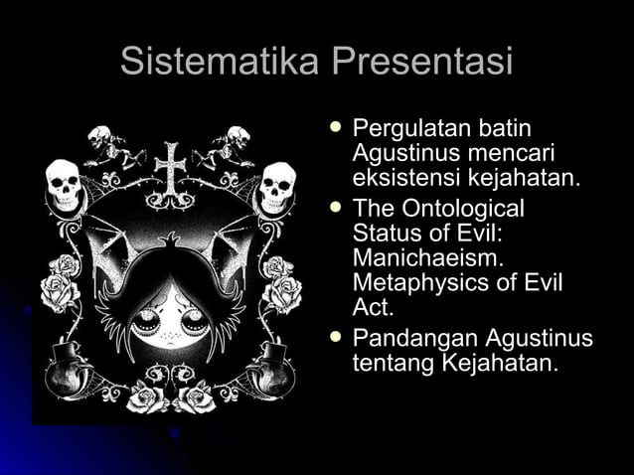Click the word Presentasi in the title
(x=422, y=62)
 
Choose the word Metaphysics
(x=421, y=283)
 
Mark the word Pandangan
(x=404, y=339)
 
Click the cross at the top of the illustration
(x=171, y=168)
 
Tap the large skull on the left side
(x=63, y=183)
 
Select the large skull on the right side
(x=277, y=185)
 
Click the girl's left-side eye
(x=149, y=321)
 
